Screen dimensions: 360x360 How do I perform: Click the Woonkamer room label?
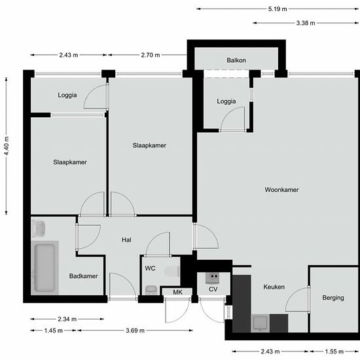coord(281,190)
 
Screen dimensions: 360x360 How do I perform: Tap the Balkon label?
coord(236,60)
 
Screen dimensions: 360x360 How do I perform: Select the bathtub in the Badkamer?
coord(45,268)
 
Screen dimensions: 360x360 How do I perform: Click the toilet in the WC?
coord(171,272)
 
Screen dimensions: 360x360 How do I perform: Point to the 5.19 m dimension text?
coord(278,9)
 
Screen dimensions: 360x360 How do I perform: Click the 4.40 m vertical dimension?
coord(7,146)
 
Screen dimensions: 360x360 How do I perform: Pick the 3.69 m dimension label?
coord(135,331)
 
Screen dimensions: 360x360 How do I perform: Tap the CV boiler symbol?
coord(212,278)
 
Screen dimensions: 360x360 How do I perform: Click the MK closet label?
coord(177,292)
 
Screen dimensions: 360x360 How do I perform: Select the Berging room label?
coord(333,298)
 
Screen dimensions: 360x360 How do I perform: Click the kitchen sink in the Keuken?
coord(260,323)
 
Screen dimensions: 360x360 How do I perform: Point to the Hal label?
coord(126,240)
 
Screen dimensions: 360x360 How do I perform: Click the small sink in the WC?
coord(151,290)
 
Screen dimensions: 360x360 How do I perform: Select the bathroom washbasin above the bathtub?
coord(39,228)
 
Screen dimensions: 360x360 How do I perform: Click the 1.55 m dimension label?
coord(334,351)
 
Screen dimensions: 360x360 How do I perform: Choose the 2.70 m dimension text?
coord(151,55)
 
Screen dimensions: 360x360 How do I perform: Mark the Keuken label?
coord(274,287)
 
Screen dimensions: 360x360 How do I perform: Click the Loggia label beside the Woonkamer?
coord(226,101)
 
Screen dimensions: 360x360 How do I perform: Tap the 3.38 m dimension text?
coord(306,23)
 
